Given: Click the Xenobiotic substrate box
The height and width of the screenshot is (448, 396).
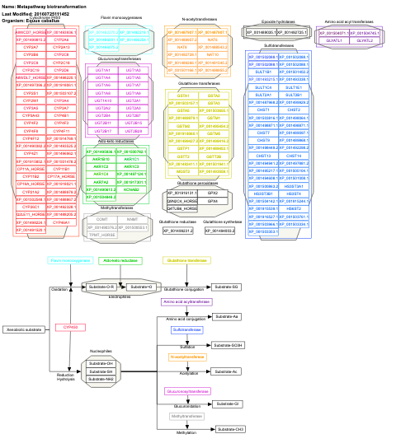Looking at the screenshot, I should coord(22,329).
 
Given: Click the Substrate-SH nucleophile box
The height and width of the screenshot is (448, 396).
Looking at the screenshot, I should coord(101,371).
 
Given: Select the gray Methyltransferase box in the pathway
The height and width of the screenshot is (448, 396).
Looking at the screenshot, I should coord(186,417).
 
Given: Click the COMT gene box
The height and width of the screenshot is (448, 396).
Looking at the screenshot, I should coord(101,219).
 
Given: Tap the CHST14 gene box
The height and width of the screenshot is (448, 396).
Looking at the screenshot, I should coord(295,156).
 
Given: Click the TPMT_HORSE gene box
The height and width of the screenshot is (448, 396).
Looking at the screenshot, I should coord(101,235).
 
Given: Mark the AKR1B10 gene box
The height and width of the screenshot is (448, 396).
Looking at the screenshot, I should coord(101,159).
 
